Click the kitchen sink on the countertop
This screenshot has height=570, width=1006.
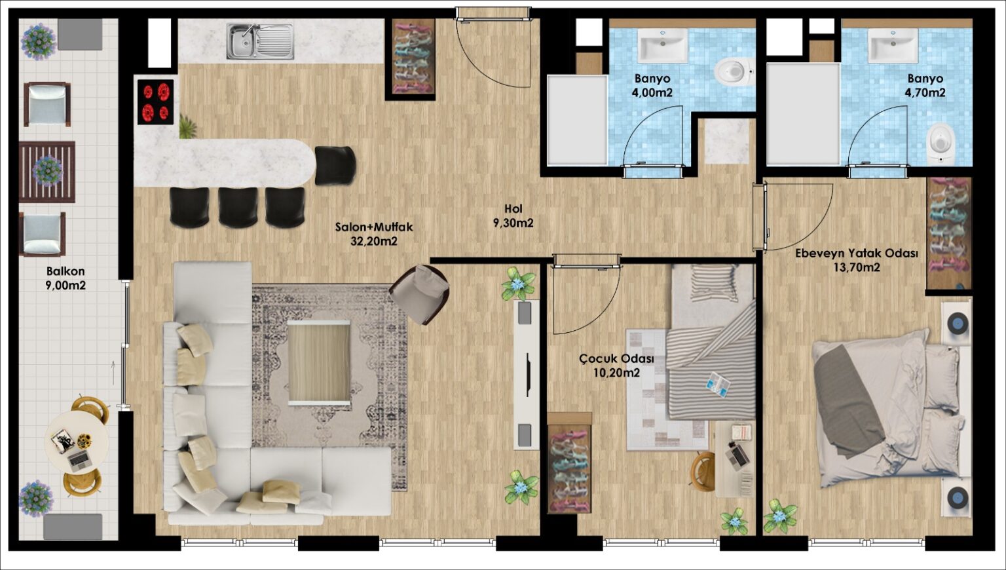point(260,41)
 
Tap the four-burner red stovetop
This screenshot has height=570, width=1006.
point(155,102)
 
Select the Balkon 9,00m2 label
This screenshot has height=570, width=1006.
point(65,278)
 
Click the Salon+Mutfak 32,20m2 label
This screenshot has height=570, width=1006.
point(374,234)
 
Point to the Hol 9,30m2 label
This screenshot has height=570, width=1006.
point(513,216)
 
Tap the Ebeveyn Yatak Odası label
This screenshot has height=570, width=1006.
point(857,254)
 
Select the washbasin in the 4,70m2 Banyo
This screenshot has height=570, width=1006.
point(893,45)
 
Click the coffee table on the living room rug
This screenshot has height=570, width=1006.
point(318,363)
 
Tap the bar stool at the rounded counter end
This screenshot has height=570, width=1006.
point(335,165)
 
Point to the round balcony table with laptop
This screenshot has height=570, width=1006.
point(77,442)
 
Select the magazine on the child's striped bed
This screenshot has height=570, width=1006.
point(717,384)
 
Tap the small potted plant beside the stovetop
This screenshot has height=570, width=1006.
point(188,126)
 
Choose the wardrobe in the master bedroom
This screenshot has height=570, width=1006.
point(949,233)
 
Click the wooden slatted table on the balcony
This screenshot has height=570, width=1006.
point(47,172)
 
